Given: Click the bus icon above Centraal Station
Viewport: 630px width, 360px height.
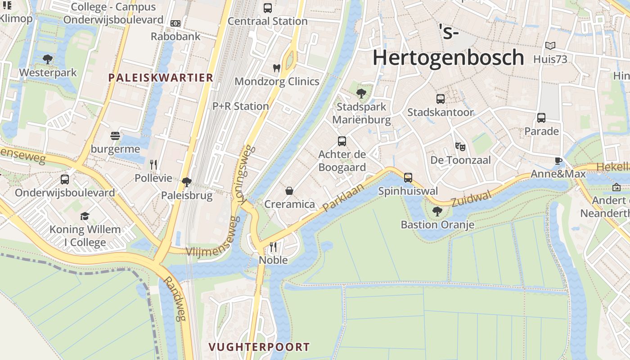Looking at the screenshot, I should (x=268, y=8).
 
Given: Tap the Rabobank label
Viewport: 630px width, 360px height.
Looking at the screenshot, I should (x=175, y=36).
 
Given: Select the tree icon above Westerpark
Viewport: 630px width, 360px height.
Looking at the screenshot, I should (x=48, y=59).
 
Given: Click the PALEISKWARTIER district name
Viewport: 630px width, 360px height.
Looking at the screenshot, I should (x=161, y=77).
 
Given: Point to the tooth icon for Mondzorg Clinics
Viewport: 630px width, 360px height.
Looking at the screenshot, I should (x=277, y=68).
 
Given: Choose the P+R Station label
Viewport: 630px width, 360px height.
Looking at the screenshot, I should (x=241, y=106).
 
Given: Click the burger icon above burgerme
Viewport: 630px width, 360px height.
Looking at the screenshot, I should (x=115, y=136).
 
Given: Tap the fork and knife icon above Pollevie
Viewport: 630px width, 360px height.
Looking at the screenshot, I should (x=153, y=165).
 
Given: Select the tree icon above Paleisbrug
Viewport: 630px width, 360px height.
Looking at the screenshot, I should (x=186, y=182).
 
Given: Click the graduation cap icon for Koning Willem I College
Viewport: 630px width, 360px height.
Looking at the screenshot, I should (x=85, y=216).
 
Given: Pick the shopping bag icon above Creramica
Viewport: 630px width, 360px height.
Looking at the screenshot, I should (x=289, y=191).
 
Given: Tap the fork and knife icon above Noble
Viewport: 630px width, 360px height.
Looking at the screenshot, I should (x=273, y=247).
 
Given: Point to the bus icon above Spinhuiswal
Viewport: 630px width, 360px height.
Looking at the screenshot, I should (x=408, y=178).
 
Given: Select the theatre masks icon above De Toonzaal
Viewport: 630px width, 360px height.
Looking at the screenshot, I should (x=460, y=147).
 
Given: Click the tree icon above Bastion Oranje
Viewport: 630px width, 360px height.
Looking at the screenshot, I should (x=437, y=211).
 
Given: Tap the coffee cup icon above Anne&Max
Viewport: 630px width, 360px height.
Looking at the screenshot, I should (x=558, y=161).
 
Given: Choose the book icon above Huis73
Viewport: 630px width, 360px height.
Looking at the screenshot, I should (x=550, y=45).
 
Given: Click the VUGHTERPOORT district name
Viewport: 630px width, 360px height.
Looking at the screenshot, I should (x=259, y=347).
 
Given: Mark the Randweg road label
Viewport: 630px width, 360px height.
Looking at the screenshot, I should (x=174, y=298).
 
